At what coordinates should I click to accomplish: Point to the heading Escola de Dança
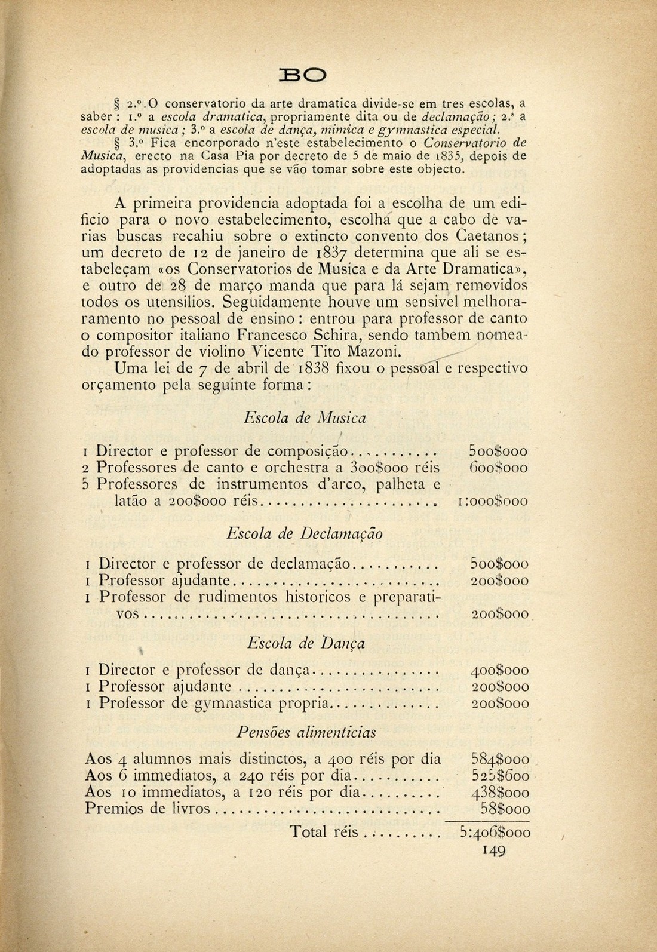click(x=306, y=643)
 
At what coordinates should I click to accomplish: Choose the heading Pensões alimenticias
click(x=306, y=732)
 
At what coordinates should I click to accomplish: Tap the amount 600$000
click(x=499, y=468)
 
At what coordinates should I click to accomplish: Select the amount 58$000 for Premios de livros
click(x=505, y=809)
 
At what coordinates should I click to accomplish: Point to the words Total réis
click(x=324, y=831)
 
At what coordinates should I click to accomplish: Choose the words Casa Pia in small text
click(x=221, y=156)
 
